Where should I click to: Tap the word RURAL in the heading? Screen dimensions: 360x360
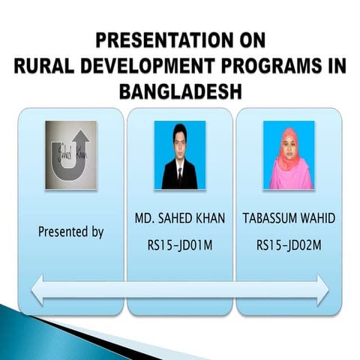coord(46,66)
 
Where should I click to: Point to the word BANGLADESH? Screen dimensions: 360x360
coord(180,91)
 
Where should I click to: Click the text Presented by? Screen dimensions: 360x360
coord(70,232)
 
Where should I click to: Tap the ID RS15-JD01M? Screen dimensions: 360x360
coord(179,244)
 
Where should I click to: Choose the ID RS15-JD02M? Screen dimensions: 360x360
coord(289,244)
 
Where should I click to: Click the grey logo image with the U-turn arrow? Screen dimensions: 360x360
coord(70,155)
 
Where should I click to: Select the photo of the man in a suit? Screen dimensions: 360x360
coord(179,154)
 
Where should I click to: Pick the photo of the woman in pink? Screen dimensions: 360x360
coord(289,154)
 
